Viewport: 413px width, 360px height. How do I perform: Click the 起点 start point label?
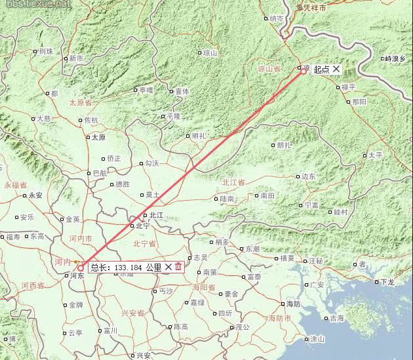coord(321,69)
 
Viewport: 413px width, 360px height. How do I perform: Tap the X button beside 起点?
coord(336,69)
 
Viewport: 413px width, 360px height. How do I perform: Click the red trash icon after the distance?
coord(178,267)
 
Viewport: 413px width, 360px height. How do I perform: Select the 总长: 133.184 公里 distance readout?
coord(126,268)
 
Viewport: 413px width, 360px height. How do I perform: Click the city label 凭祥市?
coord(315,8)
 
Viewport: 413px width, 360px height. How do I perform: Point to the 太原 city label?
coord(98,138)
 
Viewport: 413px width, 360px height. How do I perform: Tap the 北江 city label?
coord(156,215)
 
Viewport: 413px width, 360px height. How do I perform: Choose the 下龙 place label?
coord(387,282)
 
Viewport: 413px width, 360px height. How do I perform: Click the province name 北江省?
coord(233,182)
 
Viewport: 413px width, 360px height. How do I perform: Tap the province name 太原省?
coord(82,103)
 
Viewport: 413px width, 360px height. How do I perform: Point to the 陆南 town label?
coord(227,198)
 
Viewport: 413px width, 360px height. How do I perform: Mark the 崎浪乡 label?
coord(396,58)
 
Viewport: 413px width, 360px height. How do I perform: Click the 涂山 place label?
coord(317,339)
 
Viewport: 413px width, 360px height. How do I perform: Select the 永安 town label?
coord(35,195)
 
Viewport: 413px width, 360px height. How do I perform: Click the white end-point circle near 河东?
coord(81,267)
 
